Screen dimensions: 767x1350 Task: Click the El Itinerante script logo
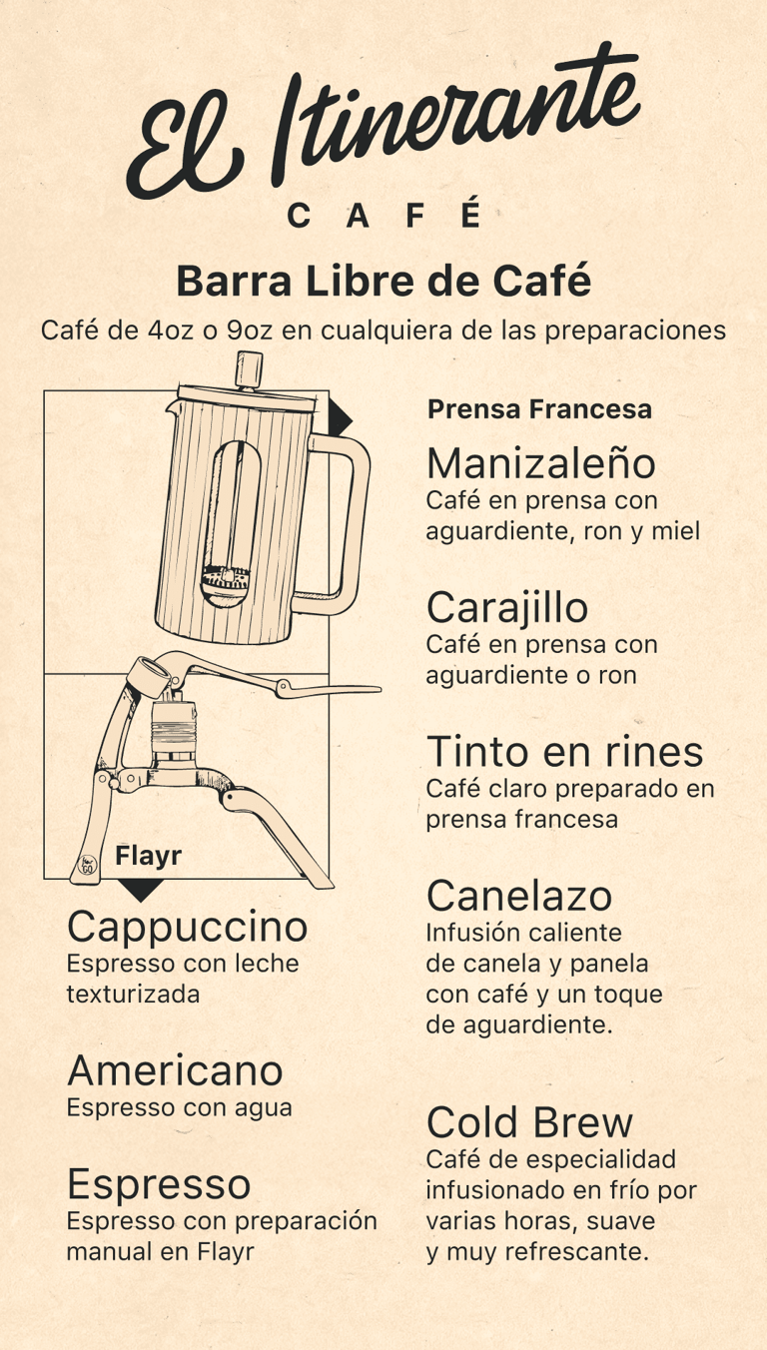tap(383, 121)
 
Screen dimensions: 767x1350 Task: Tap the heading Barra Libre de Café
tap(383, 281)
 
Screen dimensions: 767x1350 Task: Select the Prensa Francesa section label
tap(539, 409)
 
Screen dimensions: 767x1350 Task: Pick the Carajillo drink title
tap(507, 609)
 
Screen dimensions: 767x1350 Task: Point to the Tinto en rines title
tap(565, 752)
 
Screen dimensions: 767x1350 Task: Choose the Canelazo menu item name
tap(519, 896)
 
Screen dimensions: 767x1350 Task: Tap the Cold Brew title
tap(529, 1122)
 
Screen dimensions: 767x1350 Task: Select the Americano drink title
tap(175, 1071)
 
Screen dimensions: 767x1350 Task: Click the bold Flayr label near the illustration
tap(148, 856)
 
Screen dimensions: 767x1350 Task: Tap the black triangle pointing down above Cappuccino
tap(140, 890)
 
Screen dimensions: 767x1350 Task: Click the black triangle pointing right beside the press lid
tap(340, 417)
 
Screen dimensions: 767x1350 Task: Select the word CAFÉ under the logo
tap(383, 215)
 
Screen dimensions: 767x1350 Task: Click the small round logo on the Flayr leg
tap(88, 866)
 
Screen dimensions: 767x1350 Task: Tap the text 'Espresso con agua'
tap(179, 1107)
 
